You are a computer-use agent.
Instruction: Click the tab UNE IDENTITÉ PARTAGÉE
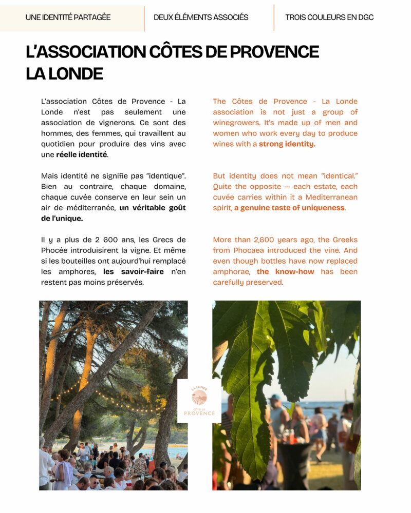tap(68, 17)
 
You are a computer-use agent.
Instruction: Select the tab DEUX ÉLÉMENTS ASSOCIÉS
tap(201, 17)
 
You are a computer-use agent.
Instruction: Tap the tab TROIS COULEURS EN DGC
tap(329, 17)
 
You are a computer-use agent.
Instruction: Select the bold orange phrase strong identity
tap(287, 144)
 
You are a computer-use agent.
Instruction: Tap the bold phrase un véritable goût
tap(153, 208)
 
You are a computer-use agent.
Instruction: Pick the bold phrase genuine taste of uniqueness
tap(290, 208)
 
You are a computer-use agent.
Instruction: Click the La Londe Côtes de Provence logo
tap(199, 401)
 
